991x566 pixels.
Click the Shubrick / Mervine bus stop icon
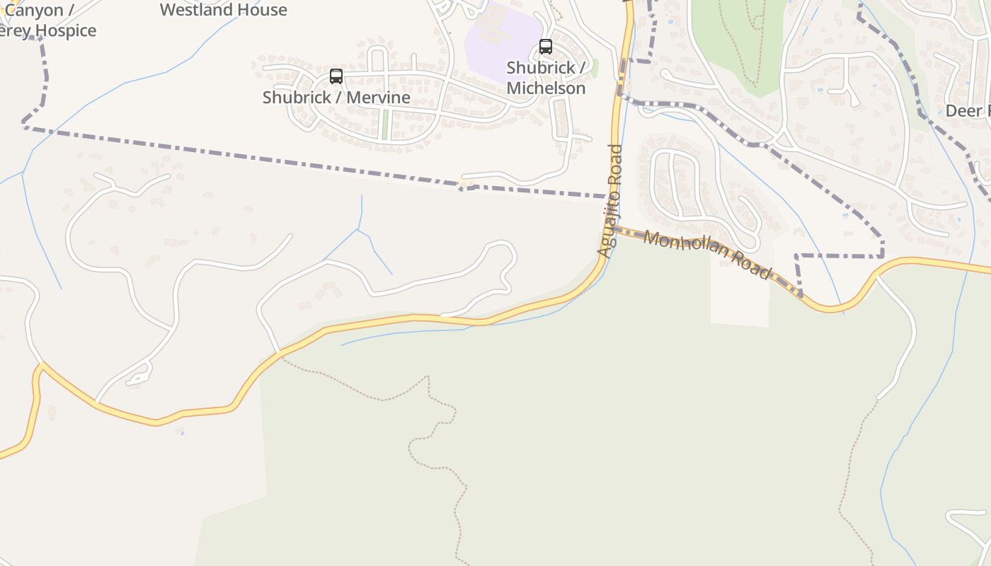pos(336,76)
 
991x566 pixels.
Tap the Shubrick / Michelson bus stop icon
pos(546,47)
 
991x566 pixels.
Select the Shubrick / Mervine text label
pos(336,98)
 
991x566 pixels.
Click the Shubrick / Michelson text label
pos(546,78)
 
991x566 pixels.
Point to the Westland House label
pos(223,10)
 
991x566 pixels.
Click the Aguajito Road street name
pos(609,201)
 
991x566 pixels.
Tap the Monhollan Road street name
pos(706,255)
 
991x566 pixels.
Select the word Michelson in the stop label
pos(546,88)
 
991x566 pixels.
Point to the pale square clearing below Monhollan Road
pos(740,297)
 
